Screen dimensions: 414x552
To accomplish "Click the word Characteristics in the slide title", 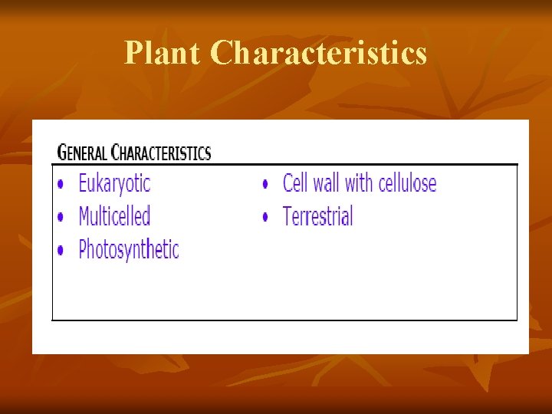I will pos(318,54).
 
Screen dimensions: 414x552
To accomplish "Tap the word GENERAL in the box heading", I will pos(83,153).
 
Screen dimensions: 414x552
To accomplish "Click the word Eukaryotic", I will pos(114,184).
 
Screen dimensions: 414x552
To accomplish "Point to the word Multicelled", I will pos(114,216).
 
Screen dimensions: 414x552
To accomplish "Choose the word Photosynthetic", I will pos(129,250).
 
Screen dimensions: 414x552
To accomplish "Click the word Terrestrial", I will pos(317,216).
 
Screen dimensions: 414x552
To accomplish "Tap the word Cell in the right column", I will pos(295,183).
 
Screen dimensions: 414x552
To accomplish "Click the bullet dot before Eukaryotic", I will pos(61,185).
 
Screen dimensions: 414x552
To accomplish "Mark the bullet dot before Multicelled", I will pos(61,218).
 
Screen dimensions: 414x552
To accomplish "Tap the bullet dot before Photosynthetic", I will pos(61,251).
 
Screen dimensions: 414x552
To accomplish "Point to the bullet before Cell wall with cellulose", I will pos(265,185).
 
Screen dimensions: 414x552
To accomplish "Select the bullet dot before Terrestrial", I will pos(265,218).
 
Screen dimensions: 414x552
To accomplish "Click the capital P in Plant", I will pos(133,54).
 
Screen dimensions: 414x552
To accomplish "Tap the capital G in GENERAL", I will pos(62,153).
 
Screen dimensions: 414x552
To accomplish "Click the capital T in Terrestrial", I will pos(288,216).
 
